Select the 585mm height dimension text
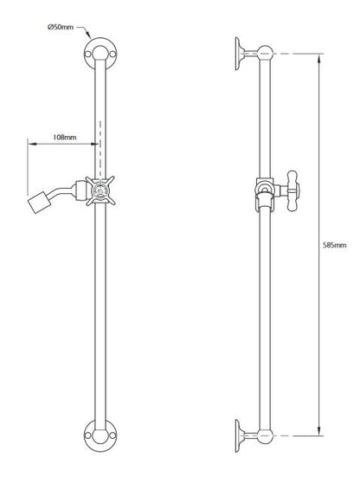pyautogui.click(x=333, y=245)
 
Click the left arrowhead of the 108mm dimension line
pyautogui.click(x=34, y=145)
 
